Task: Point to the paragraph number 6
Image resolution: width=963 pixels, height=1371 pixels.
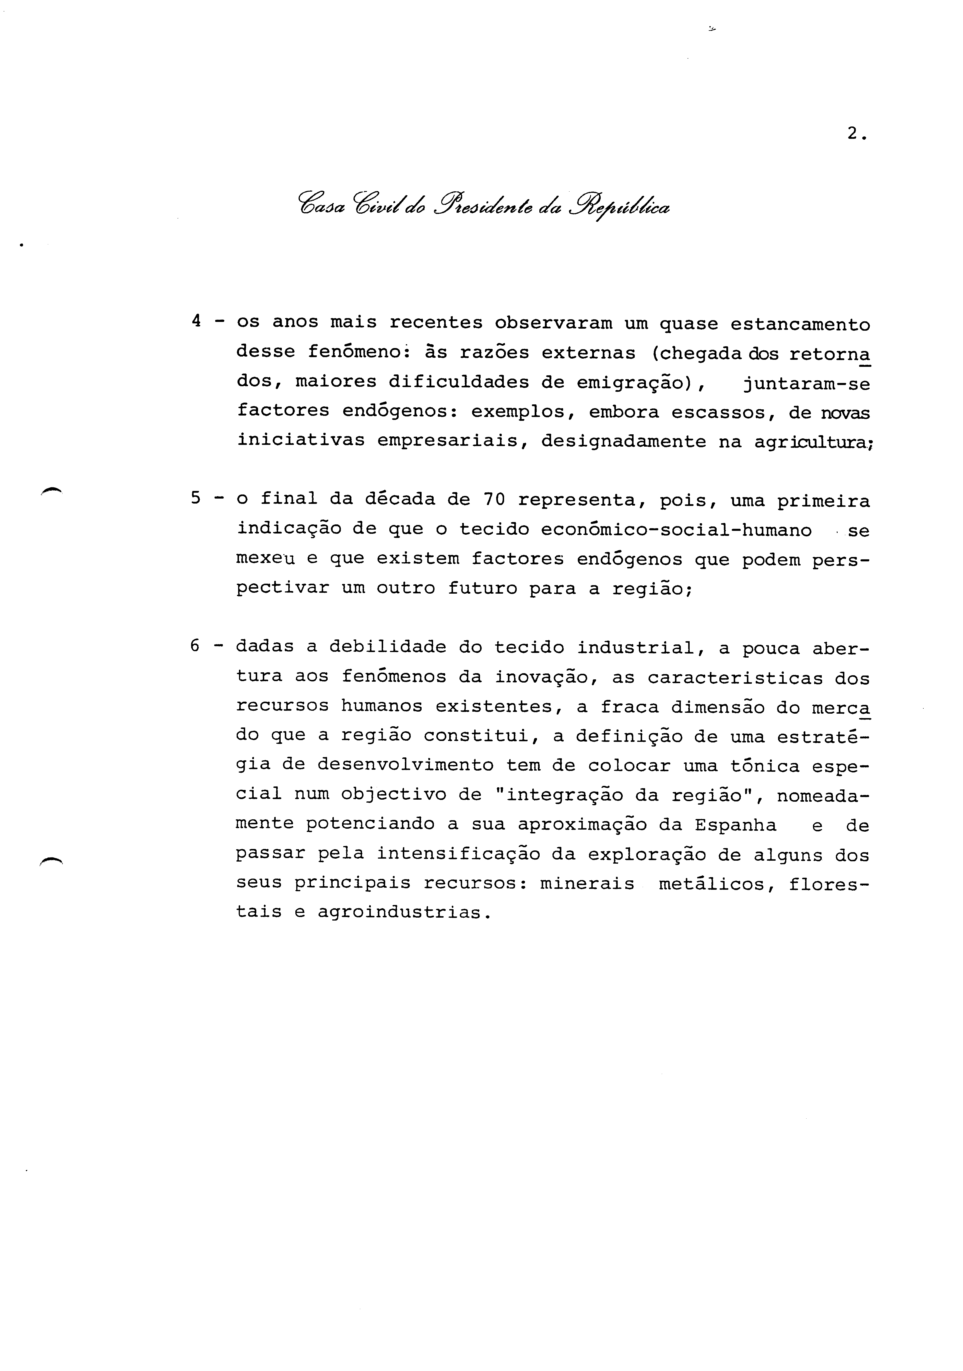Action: (195, 646)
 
